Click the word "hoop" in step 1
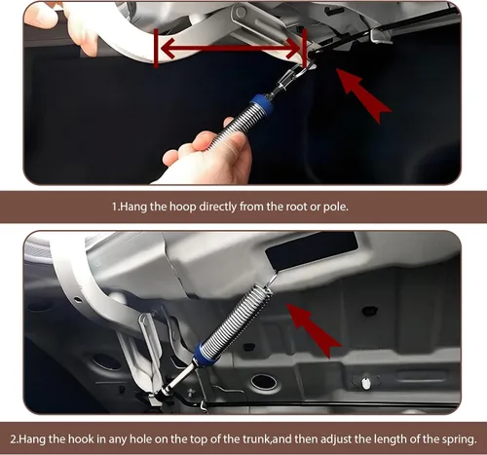click(x=183, y=207)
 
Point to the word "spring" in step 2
click(x=459, y=439)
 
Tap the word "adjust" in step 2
click(x=336, y=439)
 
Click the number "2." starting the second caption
click(x=15, y=439)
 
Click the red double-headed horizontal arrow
click(x=230, y=50)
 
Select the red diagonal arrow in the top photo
click(x=363, y=95)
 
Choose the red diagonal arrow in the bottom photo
click(x=313, y=330)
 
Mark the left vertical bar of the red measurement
click(x=156, y=49)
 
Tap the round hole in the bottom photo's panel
click(x=264, y=382)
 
